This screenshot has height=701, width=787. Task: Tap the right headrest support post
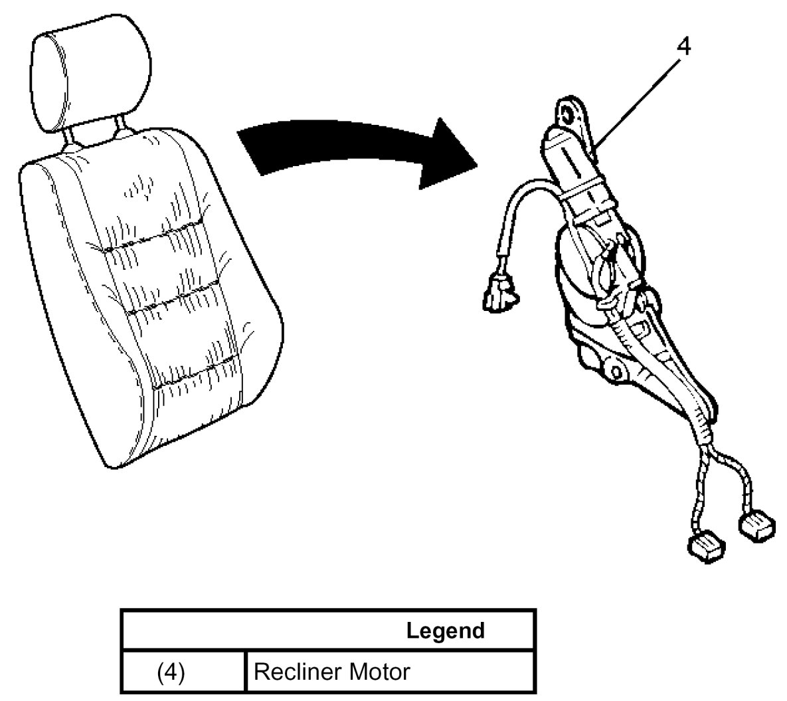(x=123, y=127)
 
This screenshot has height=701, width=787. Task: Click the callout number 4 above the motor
(x=684, y=47)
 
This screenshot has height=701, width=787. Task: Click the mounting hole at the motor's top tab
(x=568, y=113)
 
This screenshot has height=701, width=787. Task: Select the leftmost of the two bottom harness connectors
(x=705, y=544)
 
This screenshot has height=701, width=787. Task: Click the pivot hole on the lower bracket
(x=615, y=367)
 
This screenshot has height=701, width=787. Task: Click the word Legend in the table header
(x=445, y=630)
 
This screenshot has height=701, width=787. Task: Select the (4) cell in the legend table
(x=171, y=672)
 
